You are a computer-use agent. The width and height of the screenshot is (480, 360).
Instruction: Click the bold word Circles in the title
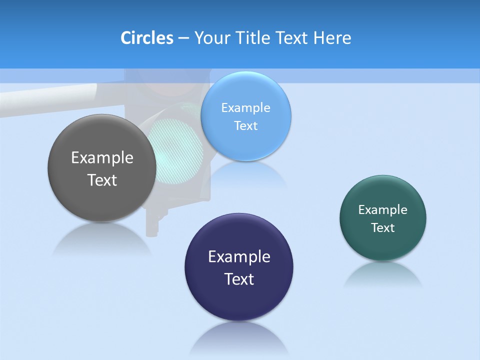(x=146, y=38)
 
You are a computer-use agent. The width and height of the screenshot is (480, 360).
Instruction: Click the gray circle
(x=102, y=200)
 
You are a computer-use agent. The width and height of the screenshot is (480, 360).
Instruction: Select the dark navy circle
(x=239, y=300)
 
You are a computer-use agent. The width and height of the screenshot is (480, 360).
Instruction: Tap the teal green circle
(x=383, y=245)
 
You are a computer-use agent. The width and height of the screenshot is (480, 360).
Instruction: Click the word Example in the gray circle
(x=102, y=158)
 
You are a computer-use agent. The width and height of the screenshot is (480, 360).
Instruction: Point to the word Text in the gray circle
(x=102, y=180)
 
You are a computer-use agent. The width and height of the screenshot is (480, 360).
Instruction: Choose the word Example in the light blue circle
(x=245, y=108)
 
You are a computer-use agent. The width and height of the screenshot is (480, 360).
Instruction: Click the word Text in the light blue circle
(x=245, y=126)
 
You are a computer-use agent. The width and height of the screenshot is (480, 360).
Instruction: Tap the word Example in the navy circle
(x=239, y=257)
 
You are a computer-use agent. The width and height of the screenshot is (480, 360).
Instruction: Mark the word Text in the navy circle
(x=239, y=279)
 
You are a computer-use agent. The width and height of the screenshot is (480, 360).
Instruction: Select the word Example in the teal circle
(x=383, y=210)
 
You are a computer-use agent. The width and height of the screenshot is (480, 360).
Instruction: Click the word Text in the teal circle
(x=383, y=228)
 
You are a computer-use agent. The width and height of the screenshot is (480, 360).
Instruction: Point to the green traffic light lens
(x=177, y=150)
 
